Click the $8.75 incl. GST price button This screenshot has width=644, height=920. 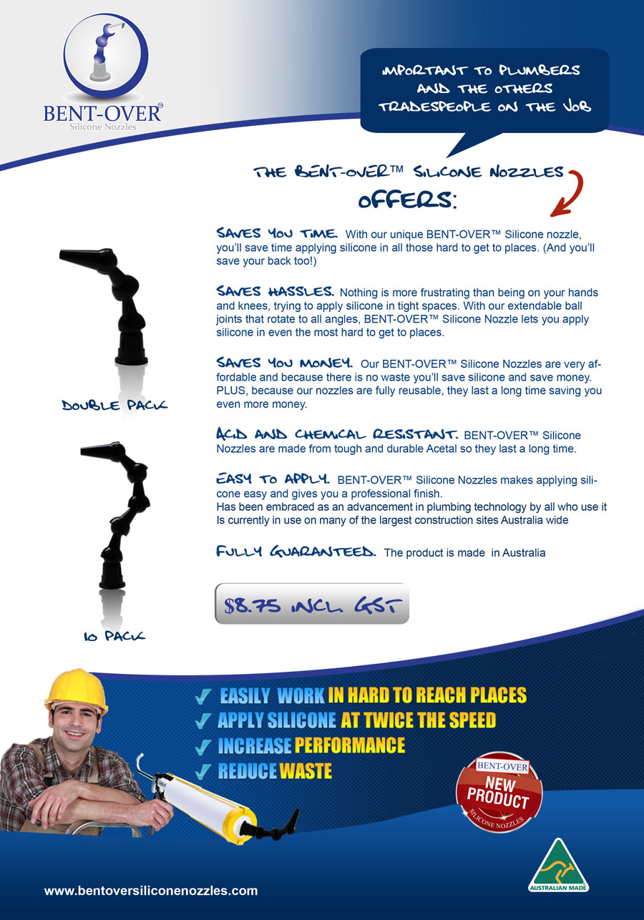point(312,605)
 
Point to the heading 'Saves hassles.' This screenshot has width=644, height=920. point(275,292)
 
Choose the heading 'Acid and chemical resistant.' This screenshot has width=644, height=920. point(338,434)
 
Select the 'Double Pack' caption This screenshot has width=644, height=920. point(114,406)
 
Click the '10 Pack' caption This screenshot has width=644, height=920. point(114,635)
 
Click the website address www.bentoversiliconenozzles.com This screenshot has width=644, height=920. point(151,891)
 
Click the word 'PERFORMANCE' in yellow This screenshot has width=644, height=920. point(349,745)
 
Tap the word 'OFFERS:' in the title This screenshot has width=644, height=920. point(406,200)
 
